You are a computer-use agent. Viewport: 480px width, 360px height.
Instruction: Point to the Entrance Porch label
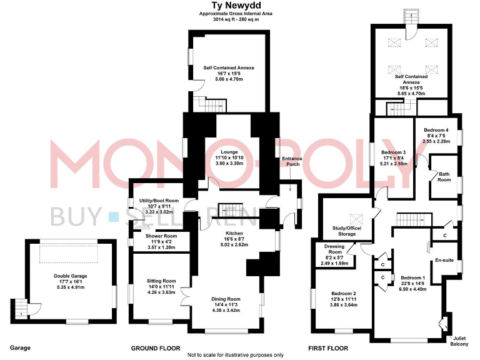[291, 161]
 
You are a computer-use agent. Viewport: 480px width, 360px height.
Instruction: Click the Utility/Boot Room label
[157, 201]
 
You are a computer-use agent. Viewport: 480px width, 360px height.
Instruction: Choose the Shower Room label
[161, 236]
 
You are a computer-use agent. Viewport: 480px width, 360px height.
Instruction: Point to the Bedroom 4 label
[435, 129]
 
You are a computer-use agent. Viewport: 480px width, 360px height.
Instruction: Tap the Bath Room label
[444, 177]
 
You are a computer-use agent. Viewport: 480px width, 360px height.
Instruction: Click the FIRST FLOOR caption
[329, 348]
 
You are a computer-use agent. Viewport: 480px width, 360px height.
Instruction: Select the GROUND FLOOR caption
[156, 348]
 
